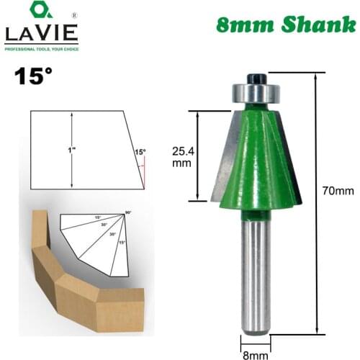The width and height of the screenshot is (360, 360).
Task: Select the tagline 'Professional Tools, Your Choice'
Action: (40, 48)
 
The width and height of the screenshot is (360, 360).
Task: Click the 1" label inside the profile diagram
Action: (63, 150)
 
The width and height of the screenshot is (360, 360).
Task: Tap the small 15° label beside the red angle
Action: (139, 152)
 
